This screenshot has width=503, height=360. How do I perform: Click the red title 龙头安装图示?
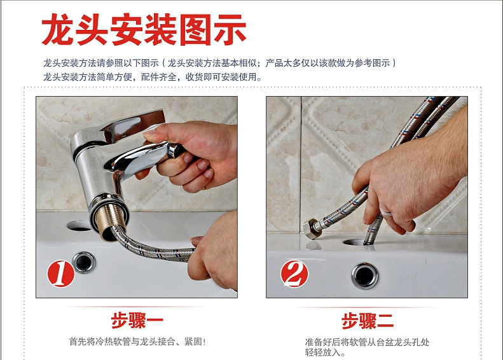(x=144, y=29)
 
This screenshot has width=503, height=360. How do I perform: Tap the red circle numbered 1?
(x=60, y=273)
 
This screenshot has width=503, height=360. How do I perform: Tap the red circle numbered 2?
(x=294, y=273)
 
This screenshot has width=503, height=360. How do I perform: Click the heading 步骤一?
(x=137, y=320)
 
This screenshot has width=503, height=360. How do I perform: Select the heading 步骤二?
(x=368, y=321)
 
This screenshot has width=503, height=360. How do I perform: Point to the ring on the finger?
(x=386, y=212)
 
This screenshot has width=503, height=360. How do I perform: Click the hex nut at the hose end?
(x=311, y=228)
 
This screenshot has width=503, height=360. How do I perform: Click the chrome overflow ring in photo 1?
(x=84, y=263)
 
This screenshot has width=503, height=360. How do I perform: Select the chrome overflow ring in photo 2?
(x=365, y=276)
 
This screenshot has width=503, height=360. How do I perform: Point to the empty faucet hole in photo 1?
(x=79, y=226)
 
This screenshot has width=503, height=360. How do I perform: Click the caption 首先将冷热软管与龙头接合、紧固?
(x=137, y=342)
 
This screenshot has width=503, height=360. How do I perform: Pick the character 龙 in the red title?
(x=58, y=29)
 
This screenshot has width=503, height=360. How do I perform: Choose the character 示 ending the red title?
(x=230, y=30)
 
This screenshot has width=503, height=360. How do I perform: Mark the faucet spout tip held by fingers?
(x=175, y=150)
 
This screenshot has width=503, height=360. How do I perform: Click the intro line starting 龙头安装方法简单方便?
(x=153, y=77)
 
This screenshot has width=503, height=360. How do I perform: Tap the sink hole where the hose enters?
(x=354, y=242)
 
